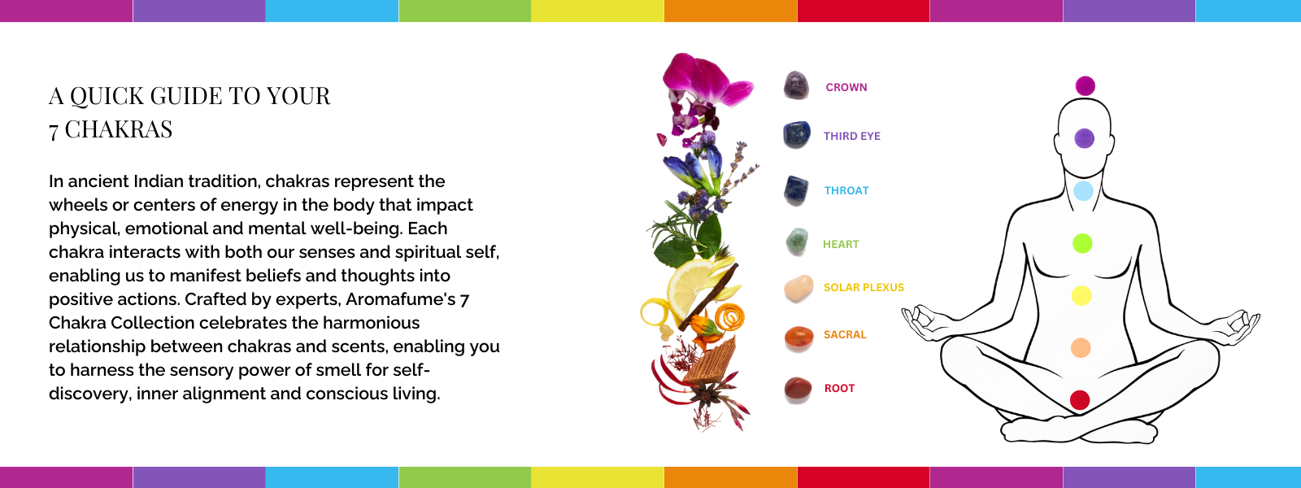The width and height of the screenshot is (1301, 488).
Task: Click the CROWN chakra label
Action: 846,87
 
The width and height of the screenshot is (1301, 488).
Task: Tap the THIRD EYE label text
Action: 852,136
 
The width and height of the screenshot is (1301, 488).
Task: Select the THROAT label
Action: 846,190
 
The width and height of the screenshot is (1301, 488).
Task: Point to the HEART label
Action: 841,244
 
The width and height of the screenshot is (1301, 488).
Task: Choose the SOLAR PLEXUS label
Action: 864,287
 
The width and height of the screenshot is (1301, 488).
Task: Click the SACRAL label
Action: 845,334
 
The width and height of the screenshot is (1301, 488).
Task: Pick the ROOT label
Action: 839,388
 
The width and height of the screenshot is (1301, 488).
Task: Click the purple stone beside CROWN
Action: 796,85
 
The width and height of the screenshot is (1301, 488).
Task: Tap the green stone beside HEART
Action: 797,242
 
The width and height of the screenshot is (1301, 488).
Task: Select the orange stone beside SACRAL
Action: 798,338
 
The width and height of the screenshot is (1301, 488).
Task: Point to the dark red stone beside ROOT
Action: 798,390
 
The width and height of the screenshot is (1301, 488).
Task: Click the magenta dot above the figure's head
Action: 1085,86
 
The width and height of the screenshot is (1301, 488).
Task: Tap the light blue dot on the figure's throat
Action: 1083,190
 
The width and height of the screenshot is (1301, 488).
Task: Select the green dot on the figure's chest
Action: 1082,243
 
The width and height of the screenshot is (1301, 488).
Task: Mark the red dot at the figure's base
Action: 1080,399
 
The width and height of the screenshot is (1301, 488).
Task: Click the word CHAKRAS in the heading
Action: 119,129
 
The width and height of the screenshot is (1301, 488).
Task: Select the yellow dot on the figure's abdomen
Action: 1081,295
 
